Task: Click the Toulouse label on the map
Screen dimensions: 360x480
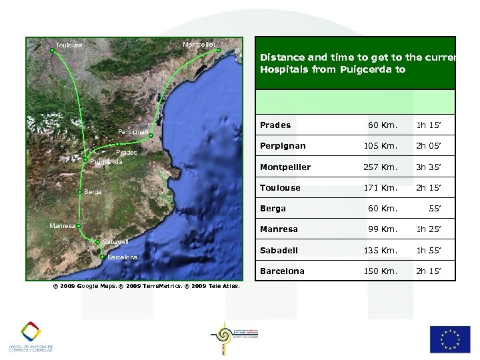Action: coord(69,45)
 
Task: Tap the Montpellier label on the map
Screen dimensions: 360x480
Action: coord(198,44)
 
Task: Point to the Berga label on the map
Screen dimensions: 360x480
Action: coord(93,192)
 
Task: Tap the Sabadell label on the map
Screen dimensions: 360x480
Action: coord(115,241)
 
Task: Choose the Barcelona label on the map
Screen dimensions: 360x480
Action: coord(122,257)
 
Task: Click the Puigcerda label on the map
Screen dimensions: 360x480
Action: coord(106,161)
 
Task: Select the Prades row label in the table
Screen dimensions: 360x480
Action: coord(275,125)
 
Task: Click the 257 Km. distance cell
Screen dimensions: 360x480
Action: coord(380,167)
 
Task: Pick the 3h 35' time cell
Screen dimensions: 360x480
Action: coord(430,167)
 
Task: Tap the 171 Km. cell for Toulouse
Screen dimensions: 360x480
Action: coord(380,188)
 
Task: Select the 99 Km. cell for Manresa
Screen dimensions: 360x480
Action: coord(383,229)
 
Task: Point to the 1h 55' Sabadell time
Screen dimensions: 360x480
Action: coord(430,251)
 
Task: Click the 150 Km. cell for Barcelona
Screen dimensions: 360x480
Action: coord(380,271)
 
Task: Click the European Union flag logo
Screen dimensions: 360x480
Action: coord(449,339)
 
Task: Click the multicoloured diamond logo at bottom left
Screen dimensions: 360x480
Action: coord(30,331)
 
